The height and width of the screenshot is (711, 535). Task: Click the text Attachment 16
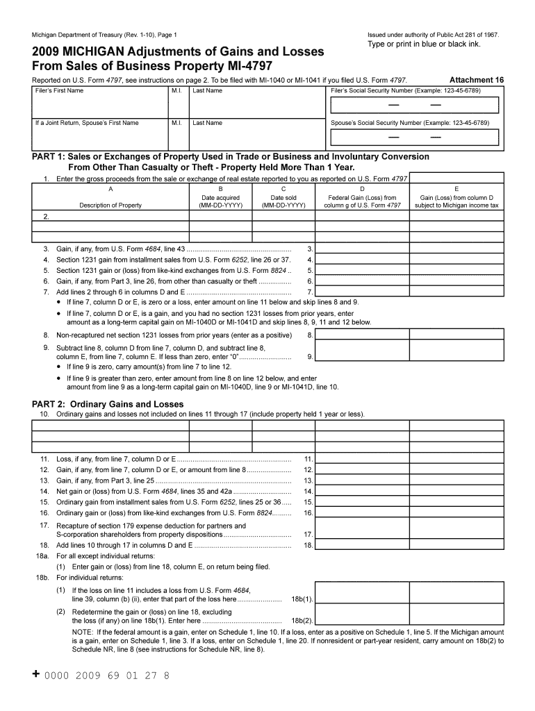(x=477, y=80)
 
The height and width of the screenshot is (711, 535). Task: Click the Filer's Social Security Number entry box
(x=415, y=105)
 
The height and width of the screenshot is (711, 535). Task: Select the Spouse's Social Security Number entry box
(x=415, y=137)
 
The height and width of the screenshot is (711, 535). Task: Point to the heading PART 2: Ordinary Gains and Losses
(x=108, y=404)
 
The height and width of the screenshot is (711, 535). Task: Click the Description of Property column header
(x=110, y=205)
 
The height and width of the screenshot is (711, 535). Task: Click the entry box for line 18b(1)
(x=362, y=599)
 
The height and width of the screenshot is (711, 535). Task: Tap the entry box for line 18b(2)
(x=362, y=620)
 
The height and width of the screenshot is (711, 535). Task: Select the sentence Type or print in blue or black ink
(x=424, y=44)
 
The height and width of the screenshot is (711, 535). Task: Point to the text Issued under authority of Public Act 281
(x=433, y=35)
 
